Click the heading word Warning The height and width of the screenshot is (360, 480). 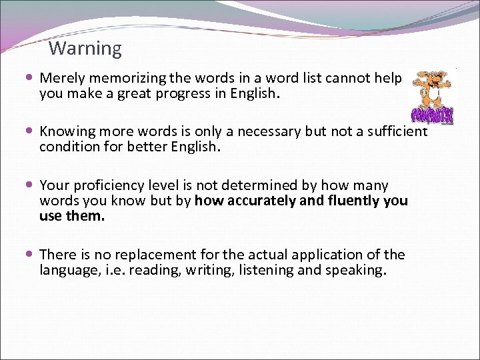pos(85,49)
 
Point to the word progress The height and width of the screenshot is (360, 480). pos(199,94)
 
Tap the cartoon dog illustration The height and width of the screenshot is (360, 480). pos(433,97)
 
